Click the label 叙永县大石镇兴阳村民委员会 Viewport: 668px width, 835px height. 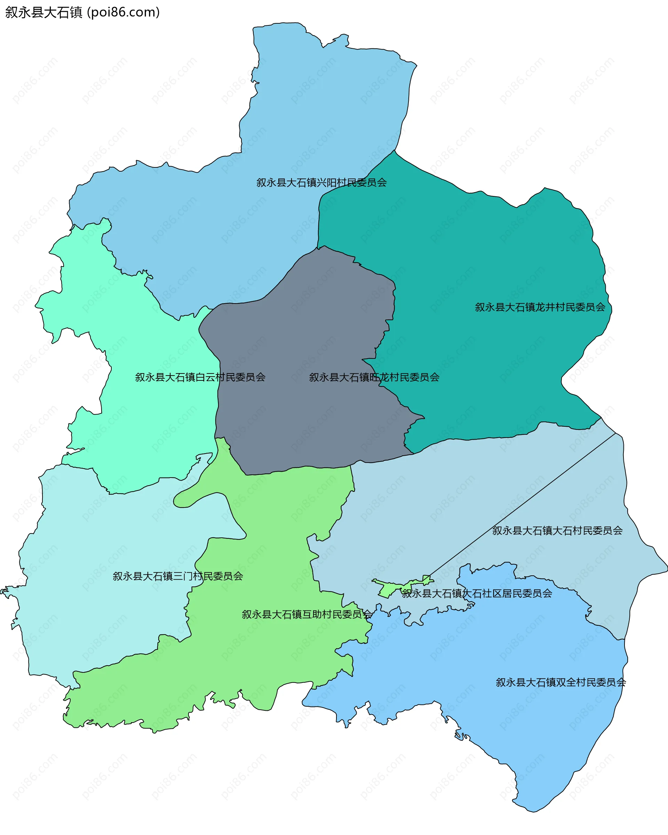pyautogui.click(x=321, y=182)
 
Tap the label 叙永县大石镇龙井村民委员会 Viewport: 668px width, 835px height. pyautogui.click(x=540, y=307)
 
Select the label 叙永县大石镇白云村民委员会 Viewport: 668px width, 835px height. pyautogui.click(x=200, y=377)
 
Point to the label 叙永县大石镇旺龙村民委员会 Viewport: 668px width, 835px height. pyautogui.click(x=374, y=377)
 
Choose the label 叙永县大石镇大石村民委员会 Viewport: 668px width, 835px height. pyautogui.click(x=557, y=530)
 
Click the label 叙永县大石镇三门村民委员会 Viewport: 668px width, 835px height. pyautogui.click(x=178, y=576)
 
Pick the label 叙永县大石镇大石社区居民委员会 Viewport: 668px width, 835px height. pyautogui.click(x=477, y=594)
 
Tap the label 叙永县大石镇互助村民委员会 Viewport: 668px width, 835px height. pyautogui.click(x=307, y=615)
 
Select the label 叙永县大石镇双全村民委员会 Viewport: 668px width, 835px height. pyautogui.click(x=561, y=683)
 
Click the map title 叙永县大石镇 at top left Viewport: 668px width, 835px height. pyautogui.click(x=43, y=13)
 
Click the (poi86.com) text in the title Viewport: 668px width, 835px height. pyautogui.click(x=124, y=13)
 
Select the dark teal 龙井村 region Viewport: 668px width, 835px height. pyautogui.click(x=484, y=252)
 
